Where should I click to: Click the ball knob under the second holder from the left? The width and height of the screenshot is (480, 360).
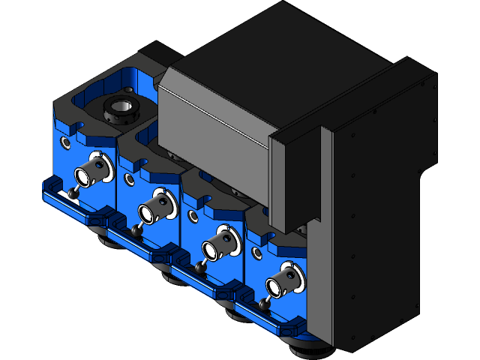[x=137, y=229]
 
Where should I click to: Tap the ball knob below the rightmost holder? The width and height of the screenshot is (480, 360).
[x=263, y=302]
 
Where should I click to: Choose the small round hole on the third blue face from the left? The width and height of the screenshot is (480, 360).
[x=194, y=216]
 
